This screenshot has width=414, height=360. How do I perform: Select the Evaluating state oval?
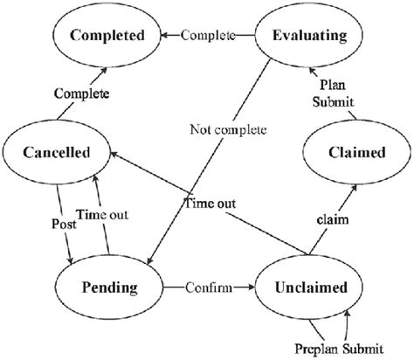tap(311, 37)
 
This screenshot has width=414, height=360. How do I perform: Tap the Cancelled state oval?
tap(56, 152)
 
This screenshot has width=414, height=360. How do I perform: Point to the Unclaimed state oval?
tap(310, 286)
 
